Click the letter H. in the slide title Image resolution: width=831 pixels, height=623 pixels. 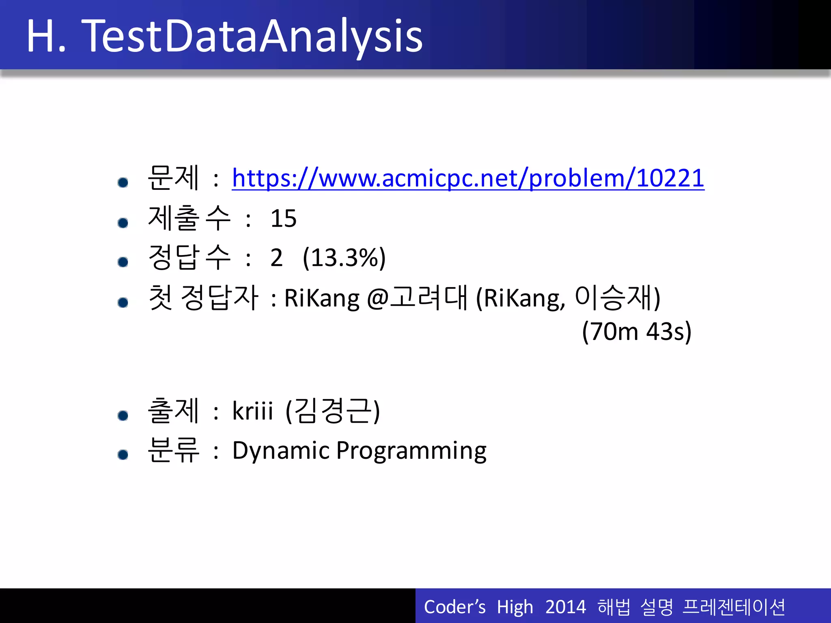pyautogui.click(x=45, y=37)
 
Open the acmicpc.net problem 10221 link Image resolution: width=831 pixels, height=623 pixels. pyautogui.click(x=468, y=178)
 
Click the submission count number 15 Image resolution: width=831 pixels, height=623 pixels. pyautogui.click(x=283, y=219)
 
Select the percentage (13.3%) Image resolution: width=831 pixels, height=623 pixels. pyautogui.click(x=344, y=258)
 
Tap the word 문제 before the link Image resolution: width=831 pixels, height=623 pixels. pyautogui.click(x=173, y=178)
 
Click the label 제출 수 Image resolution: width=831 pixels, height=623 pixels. pyautogui.click(x=189, y=219)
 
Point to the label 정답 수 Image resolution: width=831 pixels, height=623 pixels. pyautogui.click(x=189, y=258)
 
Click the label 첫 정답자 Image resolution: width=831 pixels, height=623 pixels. pyautogui.click(x=203, y=298)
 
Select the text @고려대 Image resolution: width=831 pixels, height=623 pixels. pyautogui.click(x=417, y=298)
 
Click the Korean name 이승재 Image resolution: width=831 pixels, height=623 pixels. pyautogui.click(x=613, y=298)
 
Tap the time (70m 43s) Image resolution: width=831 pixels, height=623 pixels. pyautogui.click(x=636, y=332)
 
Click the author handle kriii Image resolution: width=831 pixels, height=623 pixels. pyautogui.click(x=252, y=411)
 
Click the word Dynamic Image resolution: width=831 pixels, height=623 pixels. pyautogui.click(x=280, y=451)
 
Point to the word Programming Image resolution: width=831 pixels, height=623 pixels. pyautogui.click(x=411, y=451)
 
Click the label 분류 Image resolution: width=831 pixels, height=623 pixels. pyautogui.click(x=173, y=451)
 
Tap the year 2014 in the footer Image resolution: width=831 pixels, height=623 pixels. pyautogui.click(x=565, y=607)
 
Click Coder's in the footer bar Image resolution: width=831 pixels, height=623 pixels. pyautogui.click(x=454, y=607)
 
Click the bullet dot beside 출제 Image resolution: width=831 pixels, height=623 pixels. pyautogui.click(x=123, y=415)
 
